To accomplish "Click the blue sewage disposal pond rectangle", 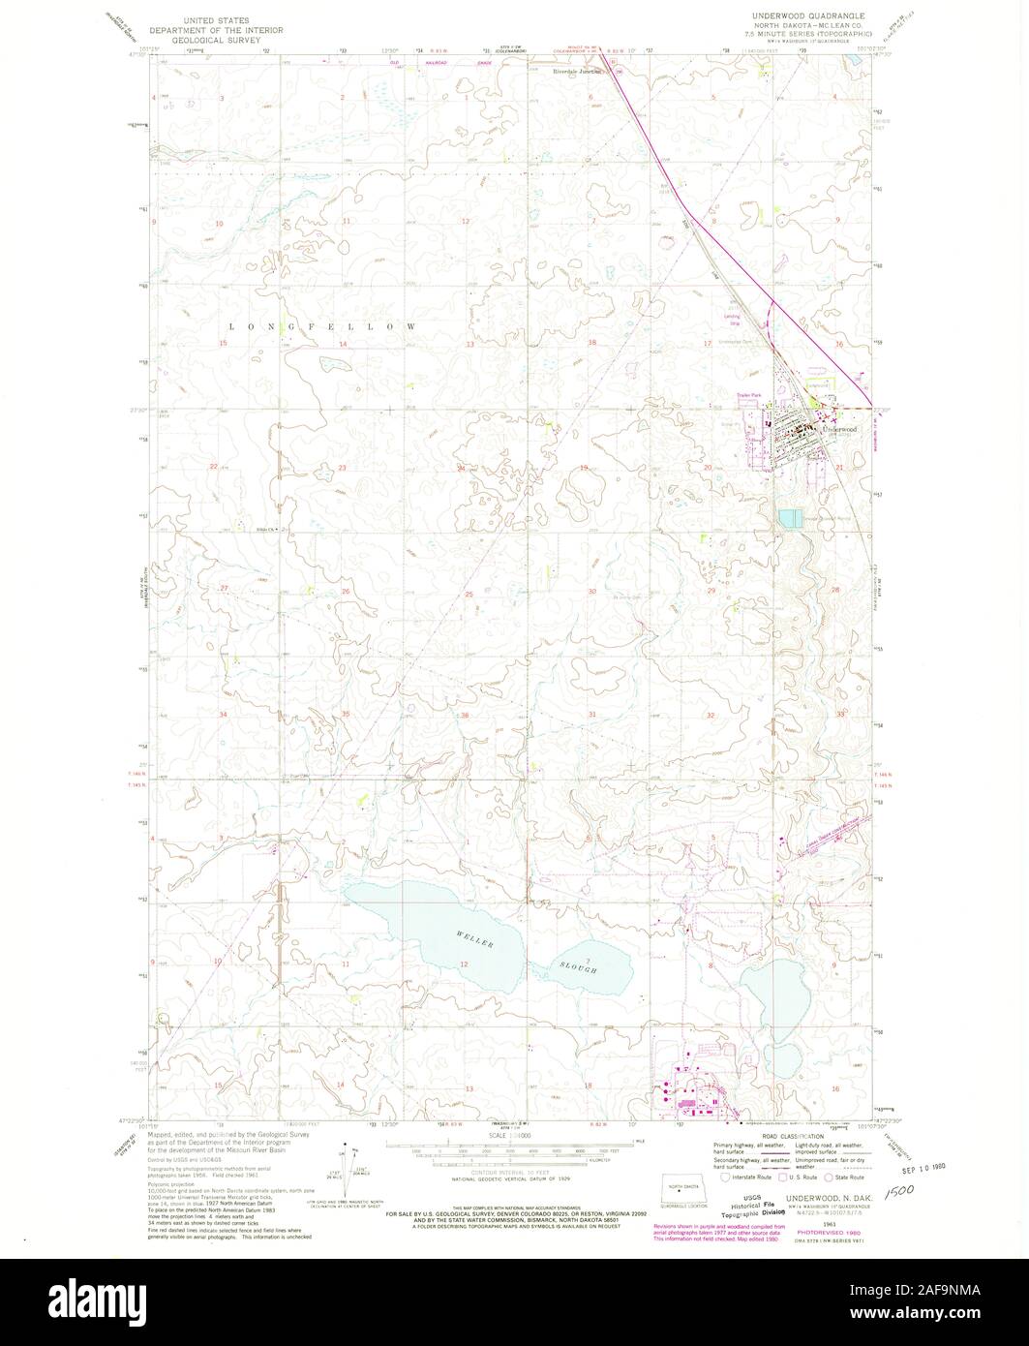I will click(790, 520).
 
